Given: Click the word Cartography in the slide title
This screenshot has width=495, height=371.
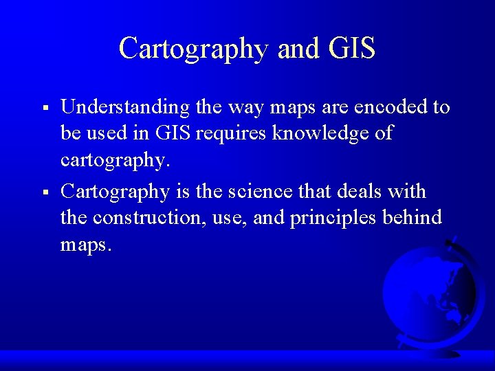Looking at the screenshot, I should [194, 49].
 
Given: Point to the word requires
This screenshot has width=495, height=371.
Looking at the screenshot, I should [231, 133].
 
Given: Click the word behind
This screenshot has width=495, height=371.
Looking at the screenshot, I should [412, 218].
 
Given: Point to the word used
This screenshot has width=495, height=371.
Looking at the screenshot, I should [109, 133].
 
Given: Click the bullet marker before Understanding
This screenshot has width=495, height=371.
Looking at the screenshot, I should [44, 109].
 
